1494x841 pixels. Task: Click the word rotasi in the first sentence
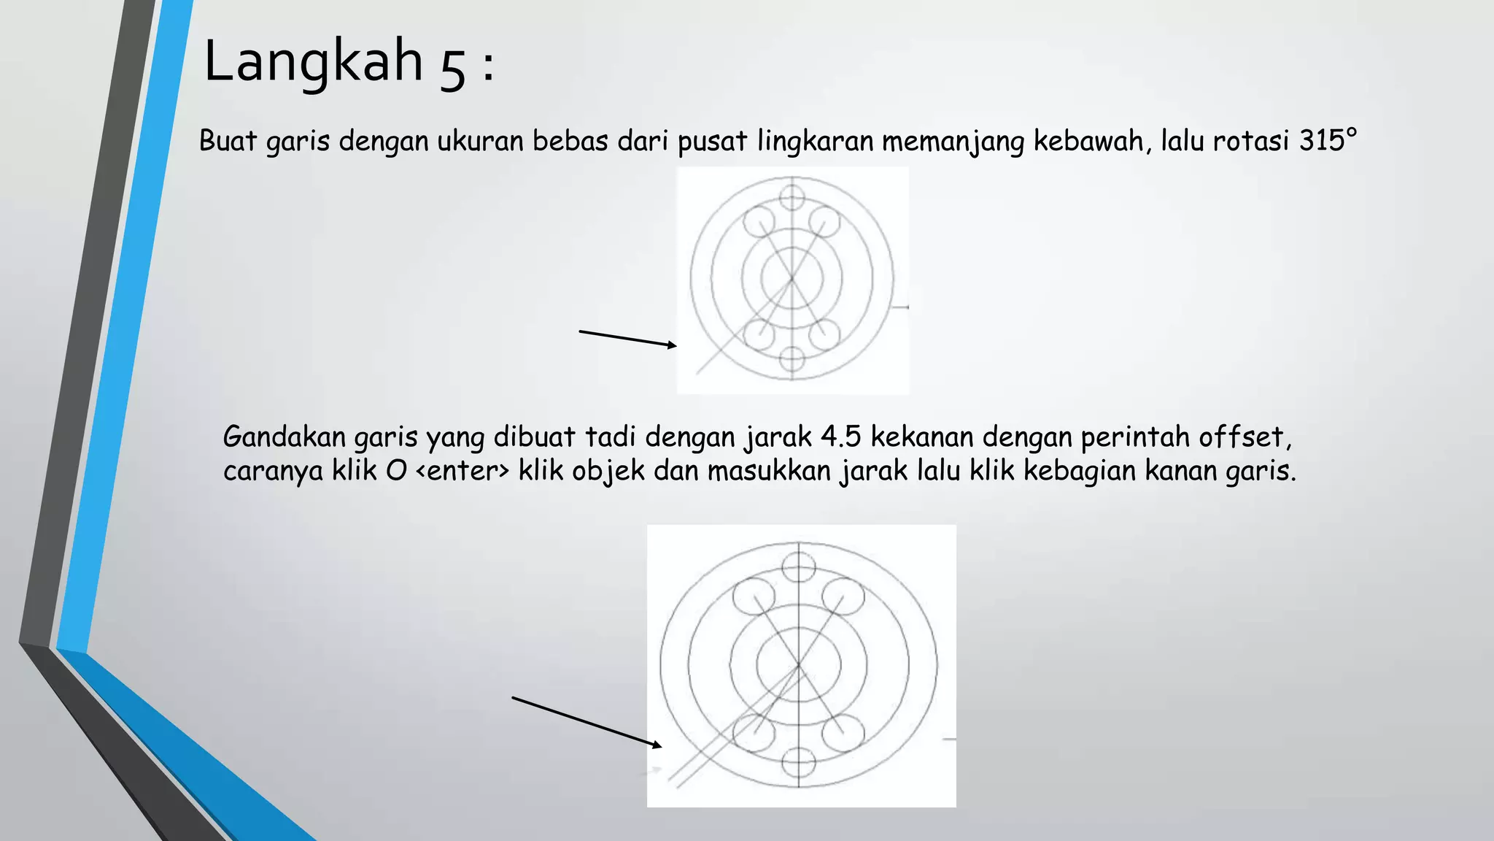pos(1252,140)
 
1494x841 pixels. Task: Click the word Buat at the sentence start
pos(228,140)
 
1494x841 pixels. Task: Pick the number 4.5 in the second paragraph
pos(841,437)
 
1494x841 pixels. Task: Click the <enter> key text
pos(462,471)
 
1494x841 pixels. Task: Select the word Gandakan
pos(285,437)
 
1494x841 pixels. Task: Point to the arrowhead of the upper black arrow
pos(673,345)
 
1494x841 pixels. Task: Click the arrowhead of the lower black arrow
pos(657,745)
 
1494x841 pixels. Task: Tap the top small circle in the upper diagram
pos(791,197)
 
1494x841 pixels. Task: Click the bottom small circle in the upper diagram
pos(791,358)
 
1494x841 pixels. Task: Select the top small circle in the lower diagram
pos(798,567)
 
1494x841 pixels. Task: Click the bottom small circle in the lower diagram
pos(798,764)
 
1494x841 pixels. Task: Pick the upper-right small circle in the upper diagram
pos(824,220)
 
